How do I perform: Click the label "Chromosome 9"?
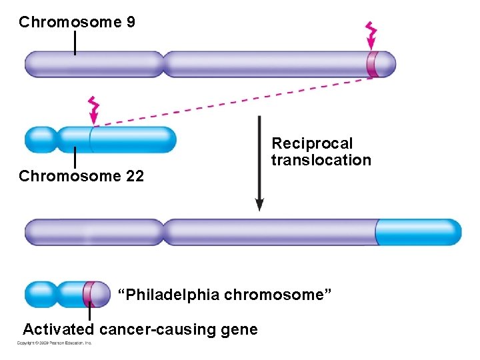click(77, 23)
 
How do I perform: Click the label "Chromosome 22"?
click(81, 177)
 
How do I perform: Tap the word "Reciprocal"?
click(312, 144)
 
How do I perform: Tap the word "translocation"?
click(321, 161)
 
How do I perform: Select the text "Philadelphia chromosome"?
click(225, 295)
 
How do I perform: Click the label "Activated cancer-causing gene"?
click(140, 329)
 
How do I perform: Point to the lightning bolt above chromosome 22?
click(94, 107)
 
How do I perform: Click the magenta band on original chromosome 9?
click(372, 65)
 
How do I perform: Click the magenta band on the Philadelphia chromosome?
click(87, 294)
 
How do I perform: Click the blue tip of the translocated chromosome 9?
click(419, 232)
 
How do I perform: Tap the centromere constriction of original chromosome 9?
click(163, 65)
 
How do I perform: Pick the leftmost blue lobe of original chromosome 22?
click(40, 139)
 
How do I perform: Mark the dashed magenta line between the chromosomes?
click(233, 102)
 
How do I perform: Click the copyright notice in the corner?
click(55, 343)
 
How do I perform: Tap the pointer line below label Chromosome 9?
click(75, 42)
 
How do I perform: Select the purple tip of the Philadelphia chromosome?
click(101, 294)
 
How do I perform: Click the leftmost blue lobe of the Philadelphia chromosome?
click(40, 294)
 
